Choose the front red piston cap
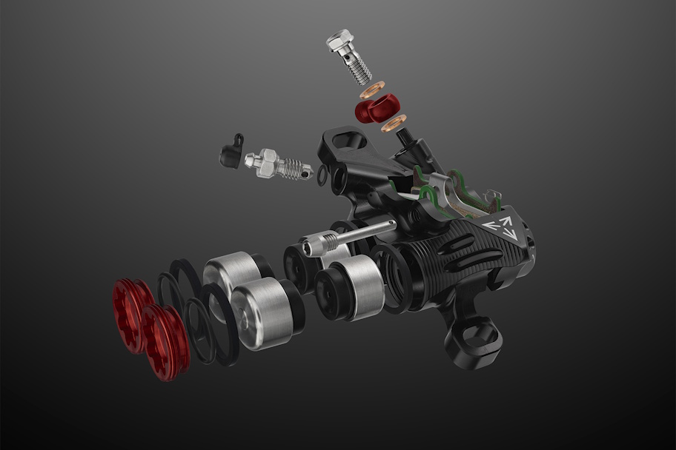click(x=165, y=341)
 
